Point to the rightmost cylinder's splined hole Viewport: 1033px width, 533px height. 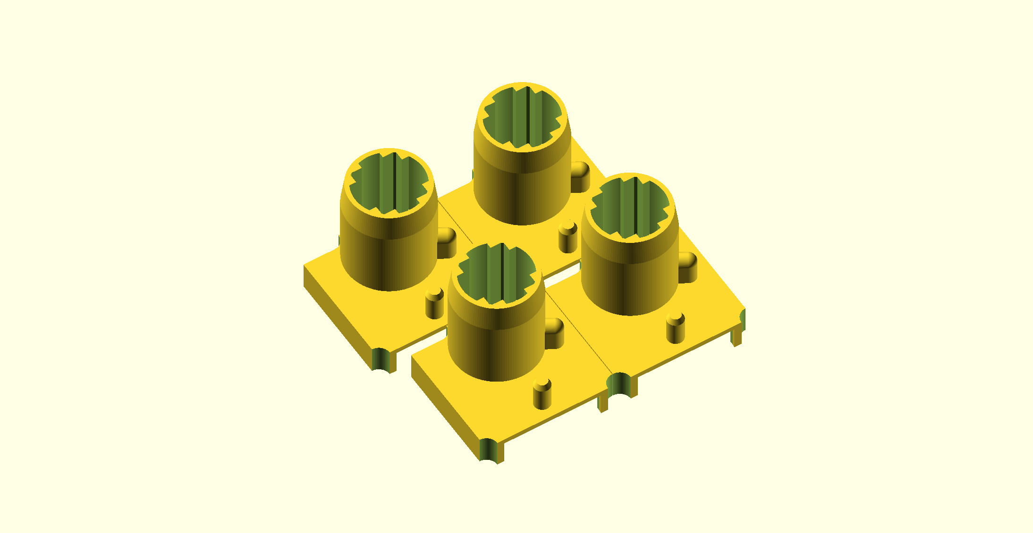[x=630, y=208]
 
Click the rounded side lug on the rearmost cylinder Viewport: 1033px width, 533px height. [x=580, y=176]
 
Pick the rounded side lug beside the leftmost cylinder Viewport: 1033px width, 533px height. [x=447, y=242]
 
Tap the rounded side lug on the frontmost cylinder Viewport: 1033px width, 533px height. [x=554, y=333]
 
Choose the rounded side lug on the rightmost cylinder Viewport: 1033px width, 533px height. [x=687, y=267]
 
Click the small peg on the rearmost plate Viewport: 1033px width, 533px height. [x=567, y=237]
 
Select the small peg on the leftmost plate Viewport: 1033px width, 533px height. [x=434, y=303]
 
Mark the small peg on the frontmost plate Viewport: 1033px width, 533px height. [x=542, y=394]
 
